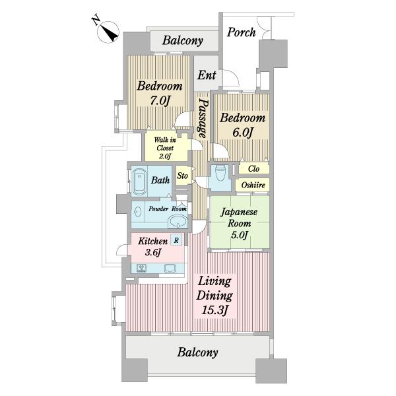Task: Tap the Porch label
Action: point(241,32)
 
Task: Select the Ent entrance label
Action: point(207,75)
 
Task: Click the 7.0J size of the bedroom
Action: point(160,101)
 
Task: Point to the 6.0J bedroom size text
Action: point(242,133)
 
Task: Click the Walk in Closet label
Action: point(165,148)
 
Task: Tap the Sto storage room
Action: point(182,176)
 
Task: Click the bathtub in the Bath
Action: point(139,181)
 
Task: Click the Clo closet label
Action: point(253,168)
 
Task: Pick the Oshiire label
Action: point(253,185)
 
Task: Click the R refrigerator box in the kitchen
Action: point(176,240)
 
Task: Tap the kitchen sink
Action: point(170,268)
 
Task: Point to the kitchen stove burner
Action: point(142,268)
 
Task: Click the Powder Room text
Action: point(168,209)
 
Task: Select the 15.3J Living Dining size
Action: point(214,310)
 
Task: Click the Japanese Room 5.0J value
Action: point(239,236)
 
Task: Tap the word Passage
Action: point(203,118)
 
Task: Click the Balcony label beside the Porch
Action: point(182,40)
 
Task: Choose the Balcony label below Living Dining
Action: point(197,352)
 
